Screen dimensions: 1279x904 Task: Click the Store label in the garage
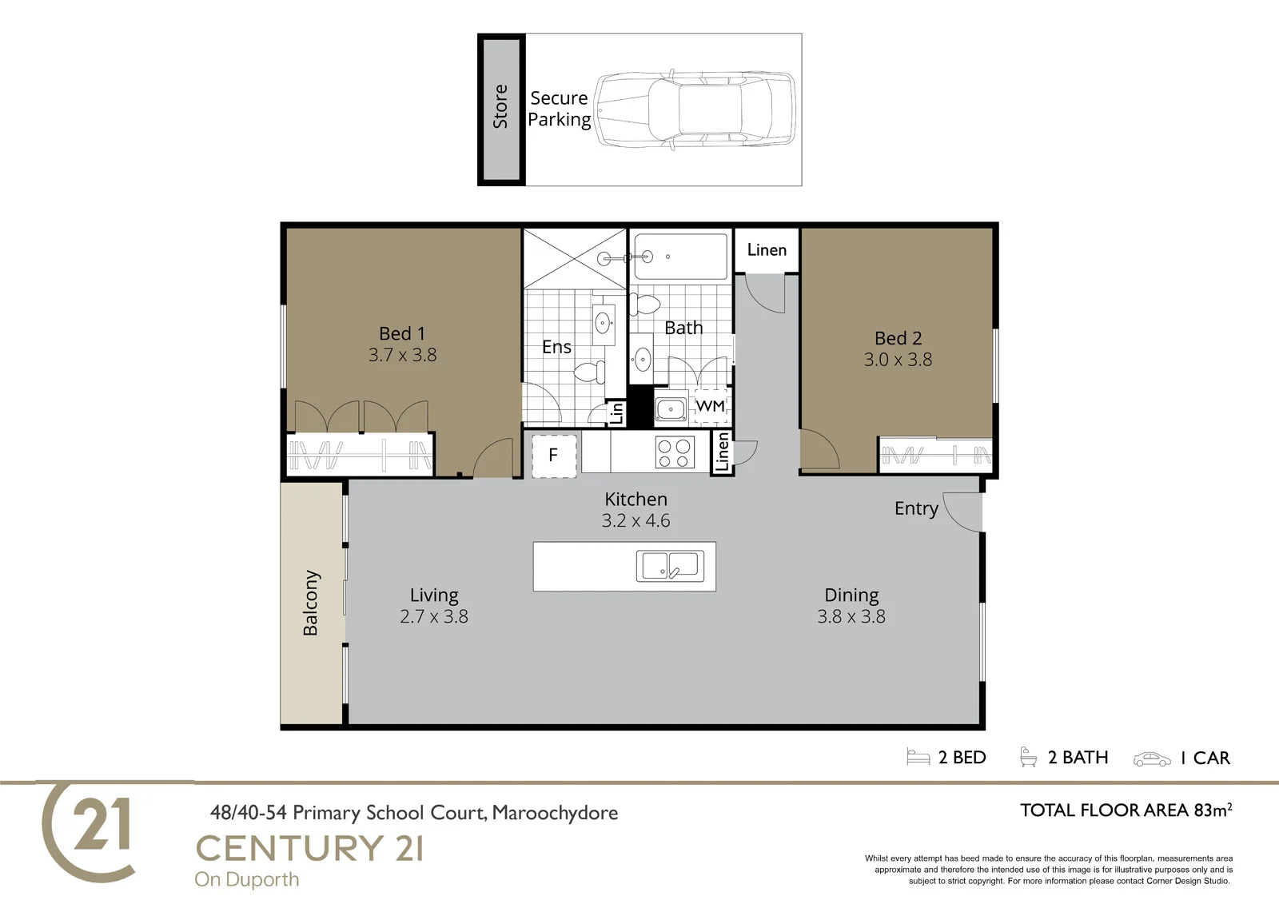(500, 106)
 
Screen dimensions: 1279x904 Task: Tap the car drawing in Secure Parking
(695, 110)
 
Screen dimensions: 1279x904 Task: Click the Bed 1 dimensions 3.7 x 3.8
(403, 355)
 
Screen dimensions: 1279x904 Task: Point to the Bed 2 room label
(898, 338)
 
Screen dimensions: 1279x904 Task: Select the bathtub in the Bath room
(680, 257)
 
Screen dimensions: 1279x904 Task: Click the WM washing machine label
(711, 406)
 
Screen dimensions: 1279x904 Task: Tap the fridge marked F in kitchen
(553, 455)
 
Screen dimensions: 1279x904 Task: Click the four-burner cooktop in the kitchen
(675, 452)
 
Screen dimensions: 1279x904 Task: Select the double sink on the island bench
(671, 566)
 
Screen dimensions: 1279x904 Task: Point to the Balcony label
(311, 603)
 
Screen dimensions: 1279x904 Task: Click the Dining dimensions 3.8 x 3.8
(851, 616)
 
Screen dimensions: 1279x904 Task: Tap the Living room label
(434, 595)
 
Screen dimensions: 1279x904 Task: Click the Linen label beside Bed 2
(767, 249)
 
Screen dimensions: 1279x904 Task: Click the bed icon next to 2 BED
(918, 757)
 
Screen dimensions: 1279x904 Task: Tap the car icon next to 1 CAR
(1152, 759)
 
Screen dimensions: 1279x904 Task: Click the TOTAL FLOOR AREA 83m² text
(1126, 810)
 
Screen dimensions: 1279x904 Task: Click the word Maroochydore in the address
(555, 813)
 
